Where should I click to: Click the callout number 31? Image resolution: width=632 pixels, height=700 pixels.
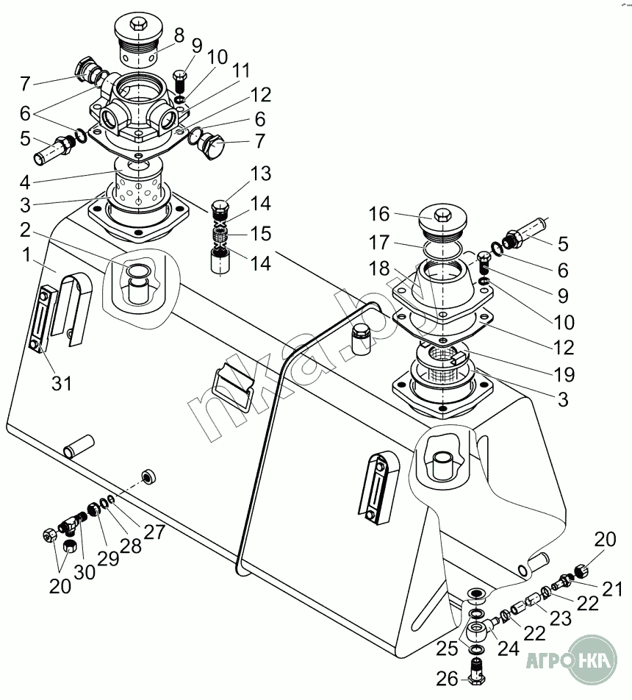tap(62, 382)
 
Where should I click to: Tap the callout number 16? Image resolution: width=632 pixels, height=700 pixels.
tap(379, 214)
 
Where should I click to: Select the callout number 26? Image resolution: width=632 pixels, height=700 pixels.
tap(448, 679)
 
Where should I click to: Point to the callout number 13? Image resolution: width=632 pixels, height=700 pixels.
tap(261, 174)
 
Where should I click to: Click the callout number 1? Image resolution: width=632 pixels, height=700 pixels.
tap(26, 255)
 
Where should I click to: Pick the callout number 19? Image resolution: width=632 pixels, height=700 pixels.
tap(564, 374)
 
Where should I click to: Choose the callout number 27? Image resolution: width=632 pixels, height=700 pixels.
tap(154, 531)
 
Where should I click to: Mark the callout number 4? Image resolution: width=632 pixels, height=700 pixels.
tap(25, 182)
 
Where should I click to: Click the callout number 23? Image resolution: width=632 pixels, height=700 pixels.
tap(561, 618)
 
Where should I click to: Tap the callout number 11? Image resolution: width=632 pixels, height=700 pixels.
tap(242, 70)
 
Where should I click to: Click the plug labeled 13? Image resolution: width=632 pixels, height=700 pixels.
tap(221, 209)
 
